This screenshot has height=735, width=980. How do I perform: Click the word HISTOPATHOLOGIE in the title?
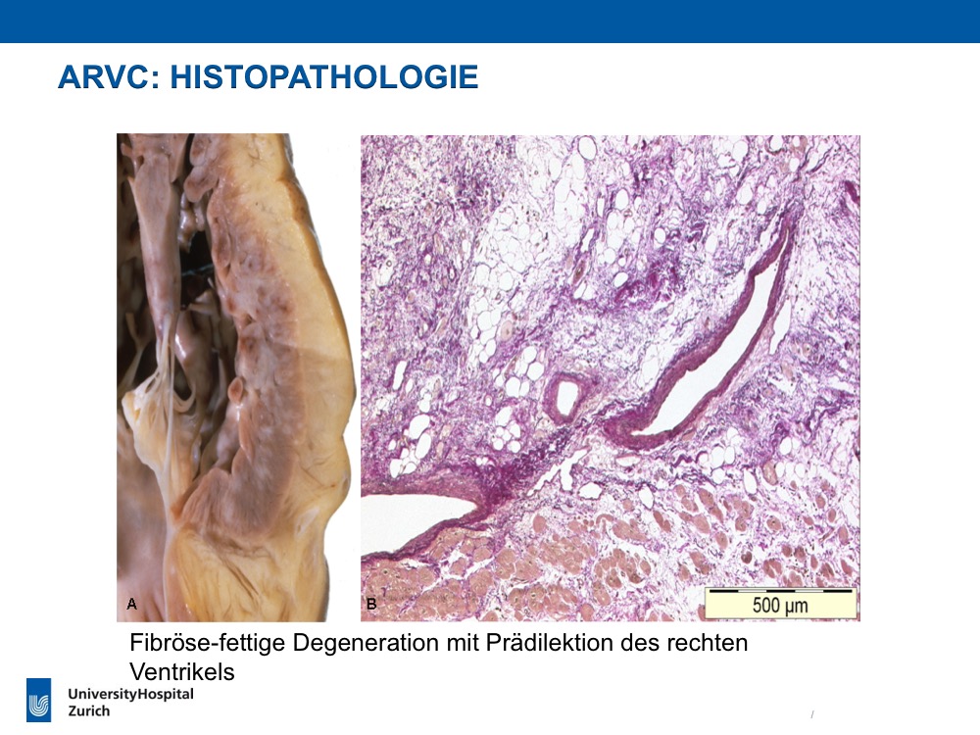324,77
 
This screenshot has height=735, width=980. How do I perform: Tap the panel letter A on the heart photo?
132,604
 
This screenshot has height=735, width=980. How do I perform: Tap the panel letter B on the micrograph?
371,604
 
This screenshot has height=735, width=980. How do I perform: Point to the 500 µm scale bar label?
780,606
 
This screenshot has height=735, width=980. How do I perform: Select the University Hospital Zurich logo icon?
39,700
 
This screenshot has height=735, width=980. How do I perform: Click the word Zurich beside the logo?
89,711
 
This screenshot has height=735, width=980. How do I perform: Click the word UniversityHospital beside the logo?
130,695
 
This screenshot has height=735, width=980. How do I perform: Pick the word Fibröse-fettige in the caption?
207,643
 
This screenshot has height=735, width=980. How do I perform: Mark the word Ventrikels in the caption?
182,672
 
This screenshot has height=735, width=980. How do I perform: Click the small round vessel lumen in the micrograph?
566,396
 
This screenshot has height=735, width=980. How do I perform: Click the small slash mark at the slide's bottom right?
812,713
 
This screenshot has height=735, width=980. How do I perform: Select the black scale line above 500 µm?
781,590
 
